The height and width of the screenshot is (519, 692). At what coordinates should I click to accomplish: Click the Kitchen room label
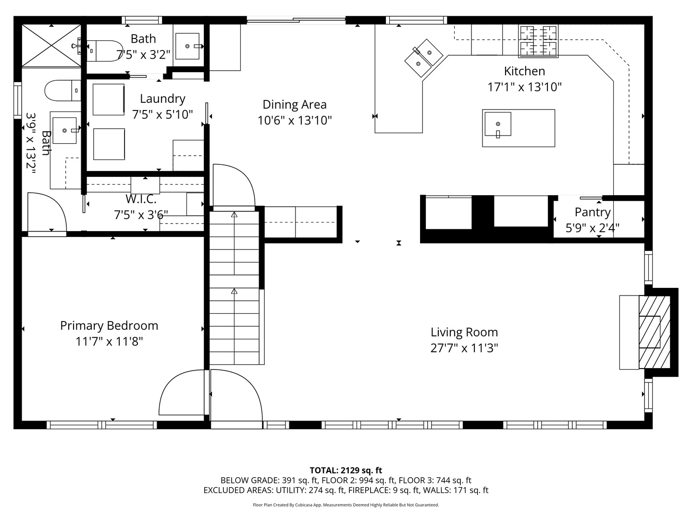click(524, 71)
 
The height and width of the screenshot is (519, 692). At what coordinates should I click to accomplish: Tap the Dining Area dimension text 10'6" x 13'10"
click(295, 120)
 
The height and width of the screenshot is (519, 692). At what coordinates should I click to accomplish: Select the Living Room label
click(464, 332)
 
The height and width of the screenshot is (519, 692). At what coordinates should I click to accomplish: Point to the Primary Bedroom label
click(109, 326)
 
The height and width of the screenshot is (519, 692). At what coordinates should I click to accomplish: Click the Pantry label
click(593, 212)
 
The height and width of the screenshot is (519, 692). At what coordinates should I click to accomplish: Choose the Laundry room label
click(162, 99)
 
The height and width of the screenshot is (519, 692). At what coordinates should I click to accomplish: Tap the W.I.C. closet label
click(141, 199)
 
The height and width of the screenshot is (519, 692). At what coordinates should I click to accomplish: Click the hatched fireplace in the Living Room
click(654, 332)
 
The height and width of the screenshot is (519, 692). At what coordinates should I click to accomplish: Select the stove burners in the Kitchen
click(538, 41)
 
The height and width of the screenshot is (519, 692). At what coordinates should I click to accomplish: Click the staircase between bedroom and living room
click(235, 288)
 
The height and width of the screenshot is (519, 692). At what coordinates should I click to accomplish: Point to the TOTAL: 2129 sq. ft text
click(346, 470)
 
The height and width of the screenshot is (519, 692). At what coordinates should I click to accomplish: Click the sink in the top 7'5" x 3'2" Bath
click(187, 46)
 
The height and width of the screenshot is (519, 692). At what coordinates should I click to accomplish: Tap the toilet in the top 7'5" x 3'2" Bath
click(103, 50)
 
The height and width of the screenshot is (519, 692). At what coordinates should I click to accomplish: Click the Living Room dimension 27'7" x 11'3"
click(464, 348)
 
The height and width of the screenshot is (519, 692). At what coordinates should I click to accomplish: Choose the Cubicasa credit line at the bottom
click(346, 505)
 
